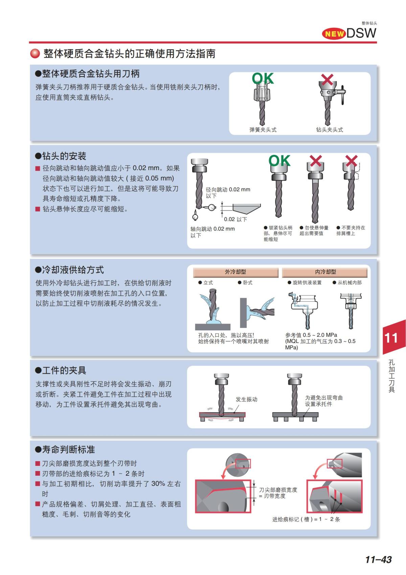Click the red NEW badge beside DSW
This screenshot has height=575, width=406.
click(334, 33)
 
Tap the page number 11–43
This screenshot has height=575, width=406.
click(378, 559)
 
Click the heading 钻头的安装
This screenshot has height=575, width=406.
click(61, 156)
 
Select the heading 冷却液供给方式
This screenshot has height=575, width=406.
click(69, 270)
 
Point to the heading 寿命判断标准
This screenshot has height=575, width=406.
click(65, 450)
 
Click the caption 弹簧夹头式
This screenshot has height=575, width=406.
click(263, 130)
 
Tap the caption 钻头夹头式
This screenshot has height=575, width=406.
click(329, 130)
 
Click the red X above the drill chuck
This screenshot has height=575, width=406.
click(327, 80)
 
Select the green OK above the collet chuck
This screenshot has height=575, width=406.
click(263, 79)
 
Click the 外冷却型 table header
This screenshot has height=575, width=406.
click(235, 272)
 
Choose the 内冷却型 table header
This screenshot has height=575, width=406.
click(325, 272)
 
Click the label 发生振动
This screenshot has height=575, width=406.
click(246, 399)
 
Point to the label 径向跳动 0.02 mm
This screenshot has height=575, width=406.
click(228, 190)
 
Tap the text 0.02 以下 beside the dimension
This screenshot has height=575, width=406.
click(235, 219)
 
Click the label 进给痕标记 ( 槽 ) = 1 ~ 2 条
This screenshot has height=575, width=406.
click(306, 519)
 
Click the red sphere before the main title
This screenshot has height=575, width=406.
click(35, 54)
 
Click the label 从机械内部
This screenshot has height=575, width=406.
click(349, 283)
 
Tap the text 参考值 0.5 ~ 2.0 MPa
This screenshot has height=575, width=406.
click(311, 335)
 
